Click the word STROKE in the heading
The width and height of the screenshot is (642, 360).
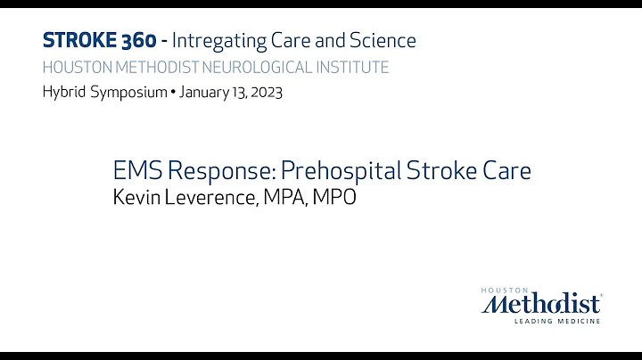74,40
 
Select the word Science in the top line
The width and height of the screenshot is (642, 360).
383,40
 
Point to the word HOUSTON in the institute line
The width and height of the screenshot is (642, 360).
75,67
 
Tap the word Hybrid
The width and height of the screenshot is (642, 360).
61,93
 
